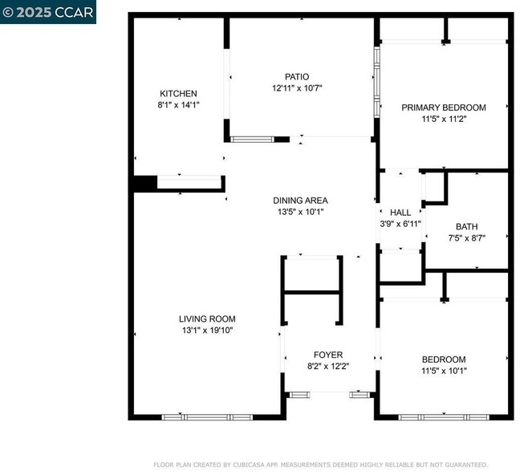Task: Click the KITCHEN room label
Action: pos(178,94)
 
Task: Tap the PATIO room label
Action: pos(297,77)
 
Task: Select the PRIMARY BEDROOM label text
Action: pos(444,108)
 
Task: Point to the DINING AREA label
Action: pos(300,201)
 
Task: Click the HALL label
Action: pos(400,213)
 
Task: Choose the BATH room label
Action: pos(467,227)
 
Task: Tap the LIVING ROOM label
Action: pos(207,319)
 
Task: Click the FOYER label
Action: pos(328,355)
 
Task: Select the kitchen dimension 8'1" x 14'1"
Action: pos(178,105)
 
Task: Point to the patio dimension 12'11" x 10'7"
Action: pos(297,88)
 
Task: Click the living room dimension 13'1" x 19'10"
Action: pos(208,331)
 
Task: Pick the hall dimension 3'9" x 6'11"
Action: pos(400,224)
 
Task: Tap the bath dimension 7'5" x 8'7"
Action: pos(467,238)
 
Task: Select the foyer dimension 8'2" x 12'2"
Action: pos(328,366)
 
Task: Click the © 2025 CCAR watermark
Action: pos(48,12)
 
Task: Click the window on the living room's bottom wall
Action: pos(207,417)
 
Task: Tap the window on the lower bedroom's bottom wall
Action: pos(444,417)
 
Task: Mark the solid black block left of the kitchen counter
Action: pos(145,184)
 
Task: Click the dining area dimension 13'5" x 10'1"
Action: pos(300,212)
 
